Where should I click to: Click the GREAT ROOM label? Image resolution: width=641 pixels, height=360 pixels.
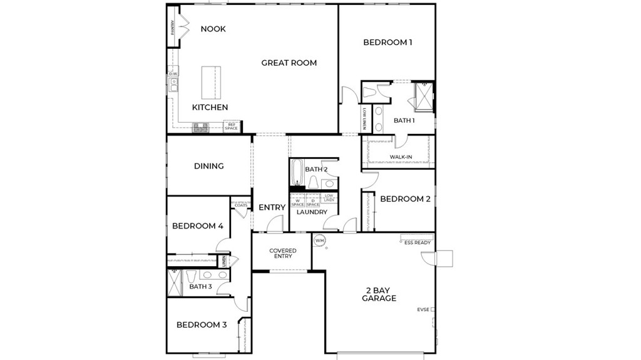pyautogui.click(x=289, y=63)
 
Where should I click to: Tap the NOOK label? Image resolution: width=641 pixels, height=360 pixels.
pyautogui.click(x=213, y=29)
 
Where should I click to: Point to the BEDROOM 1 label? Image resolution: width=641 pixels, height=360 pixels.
pyautogui.click(x=387, y=43)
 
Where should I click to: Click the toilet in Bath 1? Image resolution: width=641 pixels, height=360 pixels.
pyautogui.click(x=369, y=92)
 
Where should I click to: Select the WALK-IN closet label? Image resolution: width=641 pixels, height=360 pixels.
pyautogui.click(x=400, y=157)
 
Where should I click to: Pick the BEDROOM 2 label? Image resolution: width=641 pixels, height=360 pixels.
pyautogui.click(x=405, y=199)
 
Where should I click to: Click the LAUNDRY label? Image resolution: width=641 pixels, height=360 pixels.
pyautogui.click(x=312, y=212)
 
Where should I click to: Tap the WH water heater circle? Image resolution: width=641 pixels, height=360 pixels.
pyautogui.click(x=319, y=240)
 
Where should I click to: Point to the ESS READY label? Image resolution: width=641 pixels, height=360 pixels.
pyautogui.click(x=418, y=242)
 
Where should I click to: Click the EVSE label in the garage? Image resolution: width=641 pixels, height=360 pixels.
pyautogui.click(x=423, y=309)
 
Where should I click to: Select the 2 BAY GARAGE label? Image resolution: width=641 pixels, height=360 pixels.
pyautogui.click(x=379, y=294)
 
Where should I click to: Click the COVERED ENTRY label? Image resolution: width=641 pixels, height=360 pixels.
pyautogui.click(x=282, y=253)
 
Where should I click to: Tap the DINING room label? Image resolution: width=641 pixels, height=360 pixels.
pyautogui.click(x=208, y=166)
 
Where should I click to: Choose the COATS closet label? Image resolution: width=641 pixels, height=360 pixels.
pyautogui.click(x=241, y=205)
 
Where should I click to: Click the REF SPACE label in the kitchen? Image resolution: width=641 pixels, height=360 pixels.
pyautogui.click(x=232, y=126)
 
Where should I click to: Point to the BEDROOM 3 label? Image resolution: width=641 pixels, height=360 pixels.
pyautogui.click(x=201, y=325)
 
